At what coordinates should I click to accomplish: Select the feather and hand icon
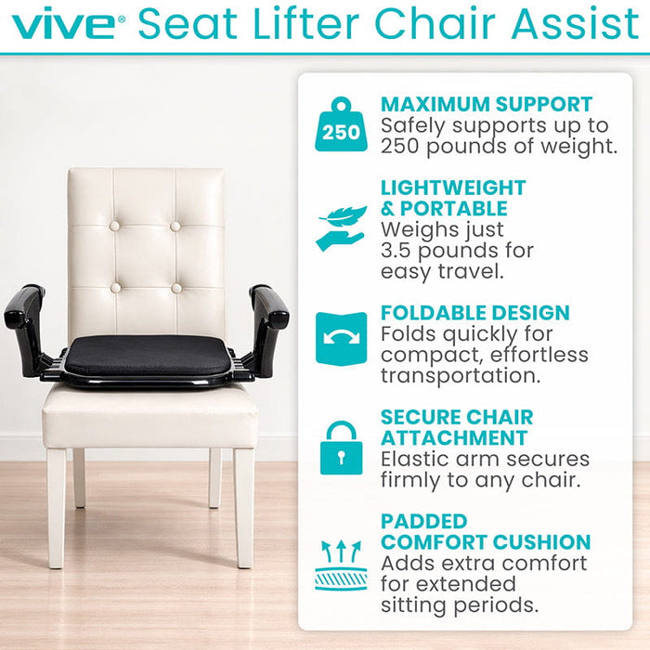point(341,228)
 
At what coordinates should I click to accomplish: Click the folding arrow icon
point(341,338)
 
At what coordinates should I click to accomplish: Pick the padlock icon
point(341,448)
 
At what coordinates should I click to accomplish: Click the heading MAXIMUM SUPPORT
point(486,104)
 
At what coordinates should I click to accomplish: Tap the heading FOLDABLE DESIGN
point(474,313)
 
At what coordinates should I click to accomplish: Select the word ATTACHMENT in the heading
point(454,437)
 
